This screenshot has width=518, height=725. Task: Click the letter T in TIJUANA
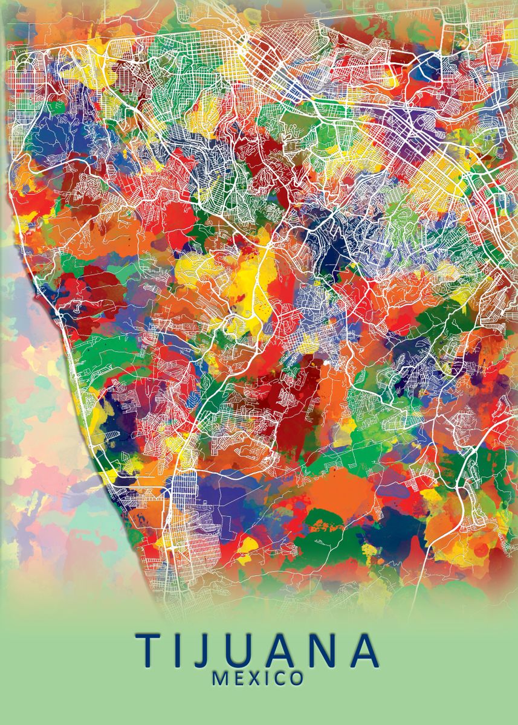[152, 650]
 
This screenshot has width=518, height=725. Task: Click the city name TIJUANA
[257, 650]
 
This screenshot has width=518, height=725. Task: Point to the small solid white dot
[327, 362]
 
